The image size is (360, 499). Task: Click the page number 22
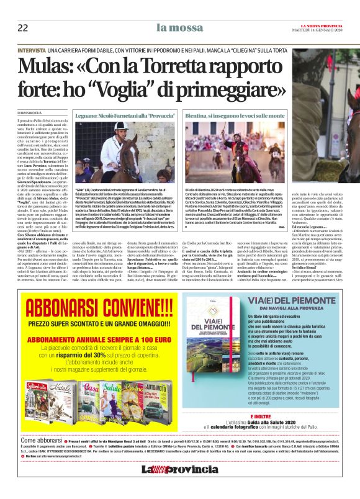(x=22, y=27)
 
